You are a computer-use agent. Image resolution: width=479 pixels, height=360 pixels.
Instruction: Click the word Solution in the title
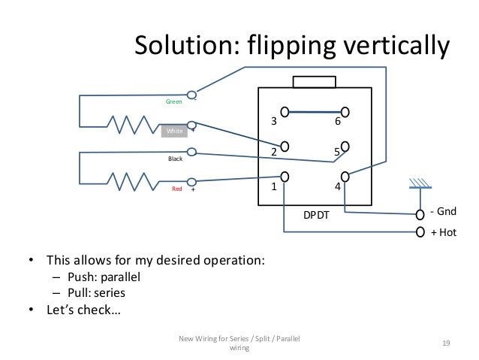tap(181, 47)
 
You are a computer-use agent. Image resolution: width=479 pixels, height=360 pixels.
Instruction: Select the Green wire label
tap(173, 101)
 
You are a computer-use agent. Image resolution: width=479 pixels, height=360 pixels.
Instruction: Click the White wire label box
tap(174, 132)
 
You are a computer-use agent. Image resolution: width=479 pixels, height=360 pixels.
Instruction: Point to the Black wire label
tap(175, 159)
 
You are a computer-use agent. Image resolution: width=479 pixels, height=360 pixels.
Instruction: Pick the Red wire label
tap(177, 189)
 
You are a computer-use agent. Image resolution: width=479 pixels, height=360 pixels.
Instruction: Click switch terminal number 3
tap(274, 121)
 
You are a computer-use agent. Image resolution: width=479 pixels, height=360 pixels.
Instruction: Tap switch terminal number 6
tap(338, 121)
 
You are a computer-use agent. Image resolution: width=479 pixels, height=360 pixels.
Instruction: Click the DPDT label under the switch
tap(316, 215)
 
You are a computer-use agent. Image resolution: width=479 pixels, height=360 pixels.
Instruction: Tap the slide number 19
tap(446, 343)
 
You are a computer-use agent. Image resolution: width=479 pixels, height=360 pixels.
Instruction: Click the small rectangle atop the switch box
tap(316, 82)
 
